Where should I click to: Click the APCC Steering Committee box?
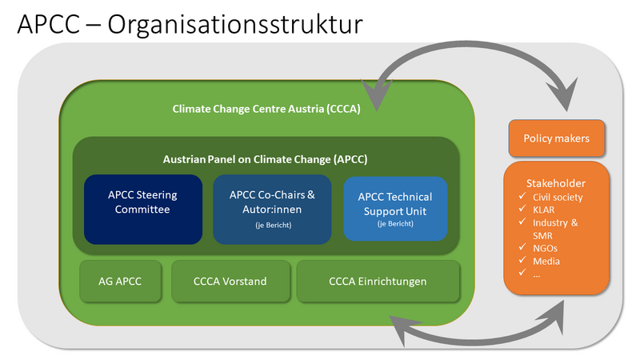pos(142,208)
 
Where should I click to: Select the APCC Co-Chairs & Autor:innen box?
pos(272,208)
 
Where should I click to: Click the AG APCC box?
pos(121,281)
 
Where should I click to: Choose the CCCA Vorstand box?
pos(230,281)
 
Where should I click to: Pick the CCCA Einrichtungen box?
pos(378,281)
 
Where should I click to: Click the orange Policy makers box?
pos(556,138)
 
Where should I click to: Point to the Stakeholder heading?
pos(557,182)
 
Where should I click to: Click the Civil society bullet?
pos(558,197)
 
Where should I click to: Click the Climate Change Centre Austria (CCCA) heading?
pos(266,109)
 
